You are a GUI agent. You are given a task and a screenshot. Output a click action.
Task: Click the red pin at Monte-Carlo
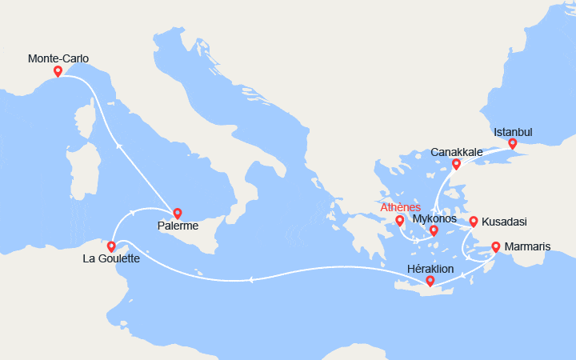[58, 71]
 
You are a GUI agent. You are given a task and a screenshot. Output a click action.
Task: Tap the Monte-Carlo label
[58, 58]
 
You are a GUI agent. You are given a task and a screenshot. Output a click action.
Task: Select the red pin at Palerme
[178, 214]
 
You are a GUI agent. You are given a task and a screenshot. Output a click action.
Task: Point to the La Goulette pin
[111, 246]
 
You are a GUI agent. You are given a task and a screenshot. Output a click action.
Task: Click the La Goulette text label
[112, 259]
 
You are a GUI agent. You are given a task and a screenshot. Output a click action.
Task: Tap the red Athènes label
[401, 207]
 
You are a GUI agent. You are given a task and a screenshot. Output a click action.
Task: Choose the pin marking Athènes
[400, 220]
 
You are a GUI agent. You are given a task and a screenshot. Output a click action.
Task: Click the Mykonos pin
[434, 230]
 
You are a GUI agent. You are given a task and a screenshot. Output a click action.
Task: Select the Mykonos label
[435, 218]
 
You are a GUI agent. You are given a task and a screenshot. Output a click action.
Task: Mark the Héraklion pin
[430, 280]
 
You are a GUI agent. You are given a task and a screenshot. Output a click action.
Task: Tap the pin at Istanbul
[513, 144]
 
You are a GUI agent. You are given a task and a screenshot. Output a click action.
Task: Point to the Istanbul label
[513, 132]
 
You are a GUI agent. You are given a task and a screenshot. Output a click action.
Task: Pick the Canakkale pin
[456, 164]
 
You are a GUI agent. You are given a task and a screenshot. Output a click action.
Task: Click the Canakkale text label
[456, 152]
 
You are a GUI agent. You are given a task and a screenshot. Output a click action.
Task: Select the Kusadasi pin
[474, 222]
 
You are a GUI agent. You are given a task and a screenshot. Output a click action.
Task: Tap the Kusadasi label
[505, 222]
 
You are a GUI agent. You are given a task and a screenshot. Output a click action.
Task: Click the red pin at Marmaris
[496, 246]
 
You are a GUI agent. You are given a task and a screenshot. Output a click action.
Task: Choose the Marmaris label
[528, 246]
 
